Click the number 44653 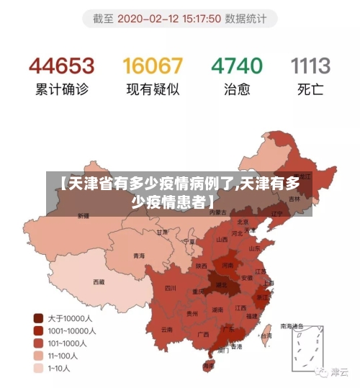pyautogui.click(x=62, y=66)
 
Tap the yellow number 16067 pyautogui.click(x=153, y=66)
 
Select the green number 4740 pyautogui.click(x=236, y=66)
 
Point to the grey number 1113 pyautogui.click(x=311, y=66)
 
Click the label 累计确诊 pyautogui.click(x=62, y=91)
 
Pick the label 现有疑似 pyautogui.click(x=153, y=91)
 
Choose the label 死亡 pyautogui.click(x=311, y=91)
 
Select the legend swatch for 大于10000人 pyautogui.click(x=38, y=317)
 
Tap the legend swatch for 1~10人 pyautogui.click(x=38, y=369)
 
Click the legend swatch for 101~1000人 pyautogui.click(x=38, y=343)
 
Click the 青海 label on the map pyautogui.click(x=139, y=256)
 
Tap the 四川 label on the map pyautogui.click(x=171, y=288)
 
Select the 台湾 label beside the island pyautogui.click(x=266, y=335)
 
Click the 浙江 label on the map pyautogui.click(x=262, y=297)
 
